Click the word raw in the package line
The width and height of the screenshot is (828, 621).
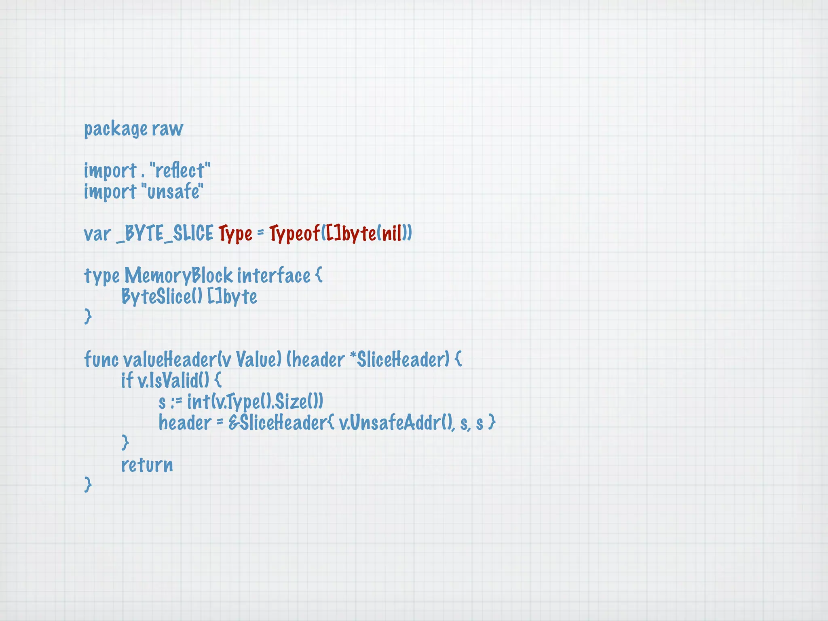(x=167, y=129)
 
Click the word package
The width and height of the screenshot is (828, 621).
(x=116, y=129)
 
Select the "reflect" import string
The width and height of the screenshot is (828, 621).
(x=180, y=171)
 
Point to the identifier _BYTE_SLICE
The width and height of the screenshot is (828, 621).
(x=165, y=234)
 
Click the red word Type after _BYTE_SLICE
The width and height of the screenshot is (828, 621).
(x=235, y=234)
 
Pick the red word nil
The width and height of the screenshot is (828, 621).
(x=392, y=234)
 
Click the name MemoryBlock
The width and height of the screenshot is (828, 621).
(x=178, y=276)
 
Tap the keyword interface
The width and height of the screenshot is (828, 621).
(x=274, y=276)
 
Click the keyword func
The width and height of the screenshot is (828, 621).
(x=101, y=359)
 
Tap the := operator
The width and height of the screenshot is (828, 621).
(x=176, y=402)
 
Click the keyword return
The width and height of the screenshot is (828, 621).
(x=147, y=465)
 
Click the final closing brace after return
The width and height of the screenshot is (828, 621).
(x=88, y=485)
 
